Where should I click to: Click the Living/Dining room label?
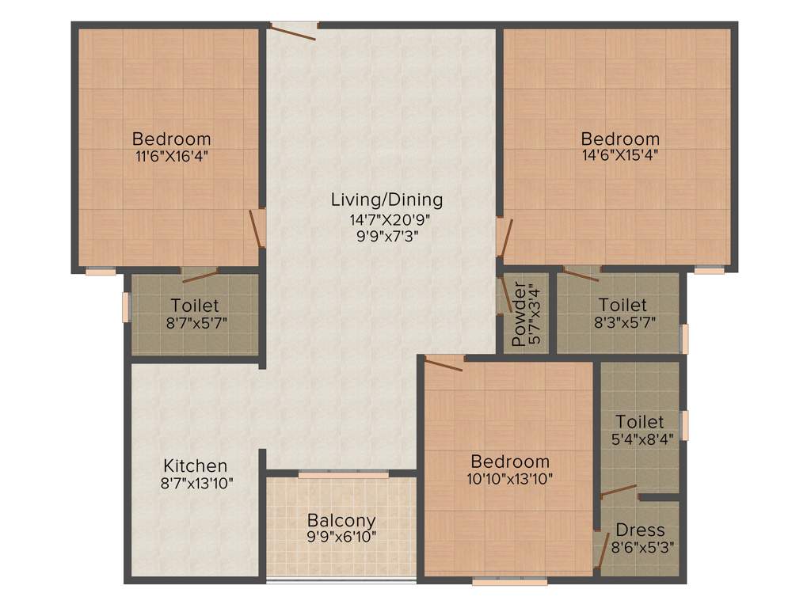(x=386, y=200)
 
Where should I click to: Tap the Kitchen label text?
(x=196, y=465)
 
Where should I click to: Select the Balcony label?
(x=341, y=521)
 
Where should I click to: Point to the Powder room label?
(x=519, y=314)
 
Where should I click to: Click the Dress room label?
(x=640, y=530)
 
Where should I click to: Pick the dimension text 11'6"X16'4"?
(x=172, y=156)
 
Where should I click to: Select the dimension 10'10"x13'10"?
(x=510, y=478)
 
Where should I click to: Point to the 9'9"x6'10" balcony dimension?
(x=341, y=537)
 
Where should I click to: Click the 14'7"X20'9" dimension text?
(x=386, y=218)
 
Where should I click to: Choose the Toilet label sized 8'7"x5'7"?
(x=195, y=306)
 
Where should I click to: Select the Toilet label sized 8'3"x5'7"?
(x=623, y=305)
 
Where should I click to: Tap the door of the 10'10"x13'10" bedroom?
(x=444, y=363)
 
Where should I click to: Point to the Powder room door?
(x=504, y=297)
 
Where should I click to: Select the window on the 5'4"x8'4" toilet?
(x=687, y=424)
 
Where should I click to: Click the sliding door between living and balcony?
(x=343, y=474)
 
